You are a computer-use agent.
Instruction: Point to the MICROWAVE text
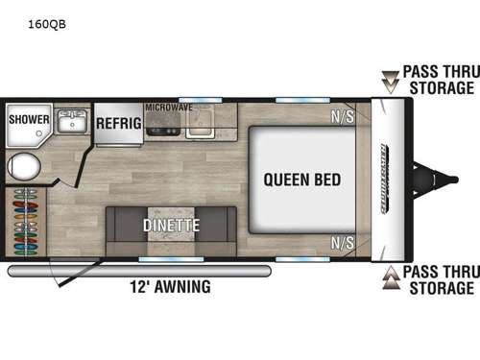[169, 108]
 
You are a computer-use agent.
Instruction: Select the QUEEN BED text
[303, 179]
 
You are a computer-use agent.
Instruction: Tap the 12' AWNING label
[170, 286]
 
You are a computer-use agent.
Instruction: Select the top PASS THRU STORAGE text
[438, 80]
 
